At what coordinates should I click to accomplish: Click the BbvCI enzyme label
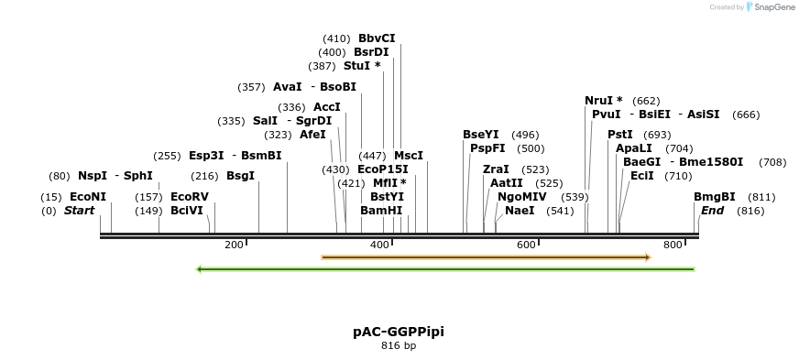point(377,38)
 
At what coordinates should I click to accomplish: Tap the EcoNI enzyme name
point(88,197)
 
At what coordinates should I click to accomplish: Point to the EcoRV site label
point(190,197)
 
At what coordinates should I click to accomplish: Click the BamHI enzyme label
point(381,211)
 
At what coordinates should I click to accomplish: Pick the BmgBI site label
point(715,197)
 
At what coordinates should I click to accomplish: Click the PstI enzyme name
point(620,135)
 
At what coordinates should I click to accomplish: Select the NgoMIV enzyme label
point(523,197)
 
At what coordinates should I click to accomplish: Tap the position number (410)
point(336,38)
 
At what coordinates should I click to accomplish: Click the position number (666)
point(747,115)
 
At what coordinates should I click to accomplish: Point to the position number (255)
point(167,156)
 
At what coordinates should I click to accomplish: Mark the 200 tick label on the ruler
point(234,245)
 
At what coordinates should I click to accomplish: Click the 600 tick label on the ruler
point(526,245)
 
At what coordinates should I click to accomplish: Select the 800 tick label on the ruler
point(673,245)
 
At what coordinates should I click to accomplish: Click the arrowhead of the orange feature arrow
point(647,257)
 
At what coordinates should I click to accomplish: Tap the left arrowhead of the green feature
point(201,269)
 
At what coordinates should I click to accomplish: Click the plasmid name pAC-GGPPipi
point(399,331)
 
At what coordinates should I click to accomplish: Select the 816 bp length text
point(399,346)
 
